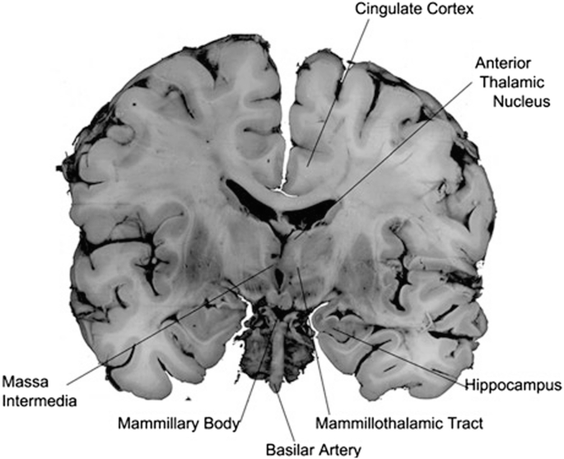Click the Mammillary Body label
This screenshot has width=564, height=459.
(178, 424)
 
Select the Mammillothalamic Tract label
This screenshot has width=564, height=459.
(399, 424)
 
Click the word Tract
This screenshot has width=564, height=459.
(464, 424)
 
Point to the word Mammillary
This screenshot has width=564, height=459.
(160, 424)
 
